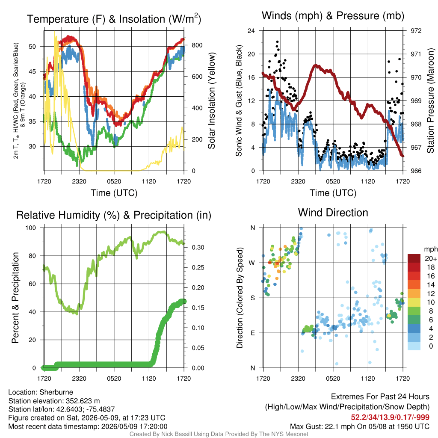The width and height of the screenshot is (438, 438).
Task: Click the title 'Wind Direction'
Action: (x=333, y=213)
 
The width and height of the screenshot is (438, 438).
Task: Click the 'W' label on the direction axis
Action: (x=252, y=263)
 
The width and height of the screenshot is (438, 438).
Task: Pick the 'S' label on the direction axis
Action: (x=252, y=298)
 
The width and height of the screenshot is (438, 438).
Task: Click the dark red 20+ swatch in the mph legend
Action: (x=414, y=258)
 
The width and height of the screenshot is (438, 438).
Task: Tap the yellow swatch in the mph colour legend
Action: (x=414, y=302)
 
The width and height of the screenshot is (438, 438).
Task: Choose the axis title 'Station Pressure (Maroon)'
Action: (x=430, y=101)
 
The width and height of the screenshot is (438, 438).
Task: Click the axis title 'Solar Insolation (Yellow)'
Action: (x=211, y=101)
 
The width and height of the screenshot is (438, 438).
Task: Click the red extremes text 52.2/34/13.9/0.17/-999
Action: (x=390, y=417)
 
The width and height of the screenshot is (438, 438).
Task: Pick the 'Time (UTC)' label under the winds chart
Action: (x=333, y=193)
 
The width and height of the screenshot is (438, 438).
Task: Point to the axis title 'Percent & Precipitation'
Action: (x=15, y=298)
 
